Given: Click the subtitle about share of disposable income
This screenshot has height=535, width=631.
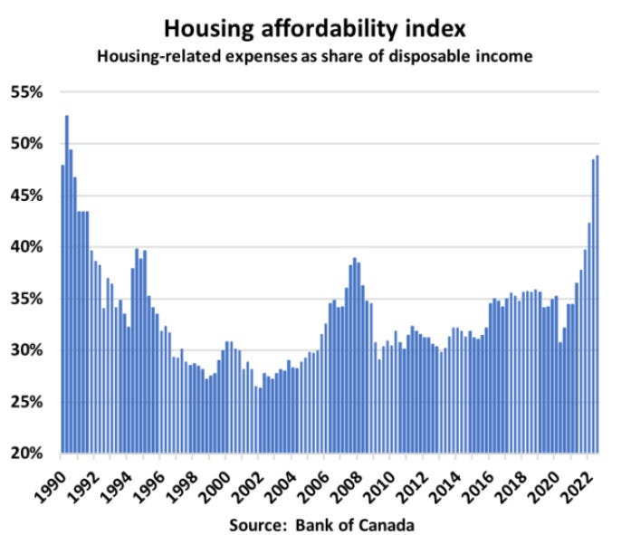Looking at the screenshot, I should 314,56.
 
